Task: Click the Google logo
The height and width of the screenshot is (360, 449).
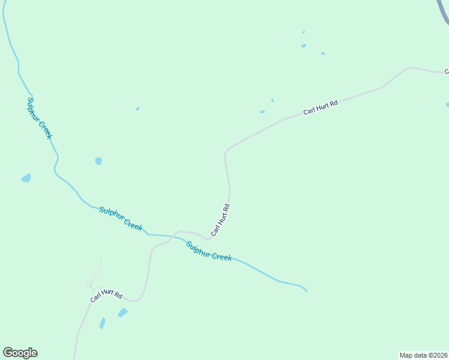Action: pos(20,353)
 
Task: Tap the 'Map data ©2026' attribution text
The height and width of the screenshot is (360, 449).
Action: pos(423,355)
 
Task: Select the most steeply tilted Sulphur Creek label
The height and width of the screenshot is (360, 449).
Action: pos(40,118)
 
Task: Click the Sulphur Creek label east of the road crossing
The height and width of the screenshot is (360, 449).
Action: pos(209,251)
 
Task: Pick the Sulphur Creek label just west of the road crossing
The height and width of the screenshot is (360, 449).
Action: pos(121,218)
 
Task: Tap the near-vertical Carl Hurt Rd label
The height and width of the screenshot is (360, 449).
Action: pos(220,220)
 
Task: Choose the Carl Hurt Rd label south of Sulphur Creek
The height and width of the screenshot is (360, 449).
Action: pos(106,295)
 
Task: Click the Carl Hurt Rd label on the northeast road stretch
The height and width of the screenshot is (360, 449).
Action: pos(321,107)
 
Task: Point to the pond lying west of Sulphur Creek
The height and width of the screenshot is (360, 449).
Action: pos(26,178)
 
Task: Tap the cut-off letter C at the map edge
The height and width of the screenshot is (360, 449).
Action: pos(446,71)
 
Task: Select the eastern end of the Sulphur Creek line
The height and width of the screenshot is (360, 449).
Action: pos(306,291)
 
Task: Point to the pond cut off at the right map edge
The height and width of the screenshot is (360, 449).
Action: pos(447,105)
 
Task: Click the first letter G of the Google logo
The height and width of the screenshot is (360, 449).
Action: pos(7,353)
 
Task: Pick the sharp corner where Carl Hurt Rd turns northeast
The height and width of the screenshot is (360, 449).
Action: pos(226,152)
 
